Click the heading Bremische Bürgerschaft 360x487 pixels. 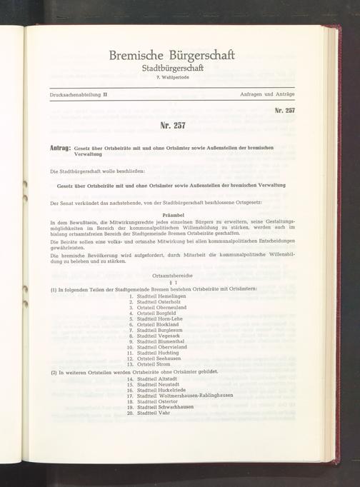point(171,55)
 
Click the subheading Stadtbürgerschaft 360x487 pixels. point(171,69)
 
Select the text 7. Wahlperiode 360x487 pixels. point(171,78)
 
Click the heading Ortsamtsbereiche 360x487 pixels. point(171,276)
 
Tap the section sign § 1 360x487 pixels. point(171,283)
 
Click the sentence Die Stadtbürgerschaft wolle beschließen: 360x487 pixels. point(97,172)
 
